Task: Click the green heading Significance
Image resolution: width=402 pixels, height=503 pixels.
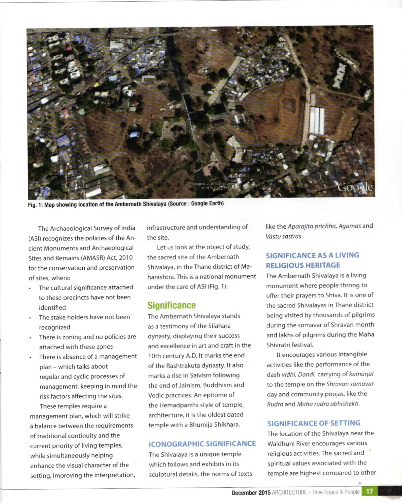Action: pyautogui.click(x=172, y=305)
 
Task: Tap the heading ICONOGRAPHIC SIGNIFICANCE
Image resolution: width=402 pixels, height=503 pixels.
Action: pyautogui.click(x=202, y=444)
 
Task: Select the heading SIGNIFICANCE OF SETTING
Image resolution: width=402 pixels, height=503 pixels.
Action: pyautogui.click(x=314, y=423)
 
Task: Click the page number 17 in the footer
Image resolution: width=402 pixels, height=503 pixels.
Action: pyautogui.click(x=369, y=491)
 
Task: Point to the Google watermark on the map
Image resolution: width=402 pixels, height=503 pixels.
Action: pyautogui.click(x=355, y=188)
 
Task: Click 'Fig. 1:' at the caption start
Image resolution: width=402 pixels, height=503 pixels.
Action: pyautogui.click(x=35, y=205)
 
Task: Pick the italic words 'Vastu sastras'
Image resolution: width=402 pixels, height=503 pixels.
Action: pyautogui.click(x=284, y=236)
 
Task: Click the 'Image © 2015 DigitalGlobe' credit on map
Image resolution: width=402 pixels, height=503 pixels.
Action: pyautogui.click(x=214, y=184)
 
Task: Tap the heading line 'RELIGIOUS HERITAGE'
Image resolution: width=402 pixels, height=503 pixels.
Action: pyautogui.click(x=303, y=265)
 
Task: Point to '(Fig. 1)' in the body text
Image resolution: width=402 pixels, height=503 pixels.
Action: pyautogui.click(x=217, y=287)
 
